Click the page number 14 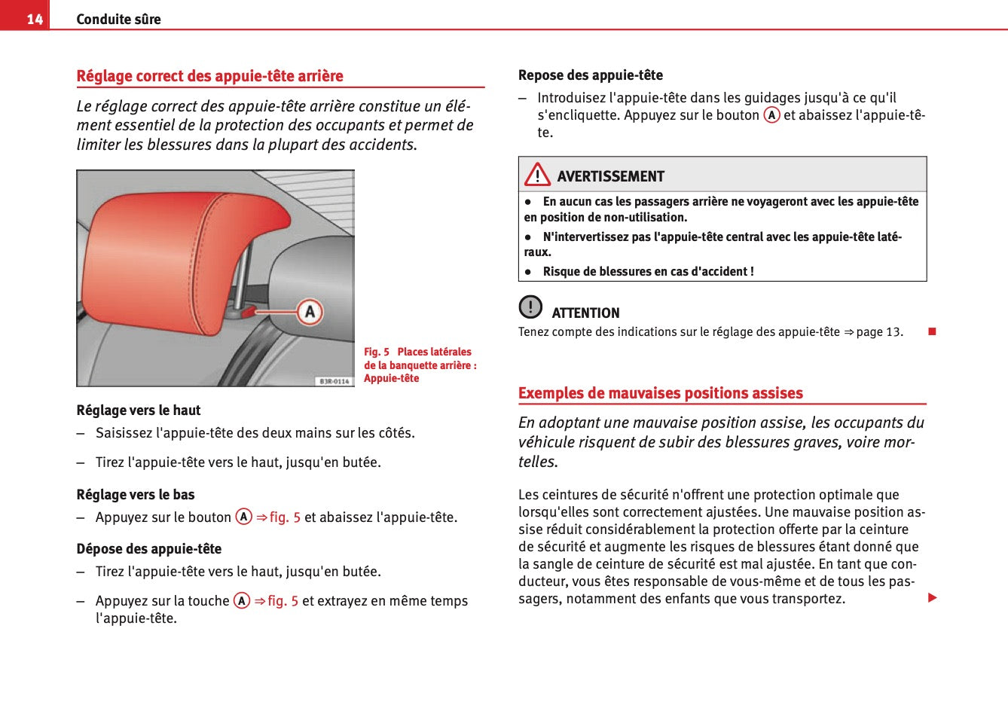[35, 19]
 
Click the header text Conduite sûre [118, 19]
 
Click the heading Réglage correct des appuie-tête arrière [209, 76]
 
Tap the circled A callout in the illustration [310, 311]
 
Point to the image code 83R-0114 [334, 381]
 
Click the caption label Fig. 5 [377, 352]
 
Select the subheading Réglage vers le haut [139, 410]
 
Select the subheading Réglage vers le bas [136, 495]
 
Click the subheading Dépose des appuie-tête [149, 549]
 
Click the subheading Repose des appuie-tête [591, 75]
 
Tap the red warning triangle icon [537, 175]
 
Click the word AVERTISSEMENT [611, 176]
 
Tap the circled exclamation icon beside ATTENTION [530, 307]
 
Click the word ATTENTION [586, 313]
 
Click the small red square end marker [932, 331]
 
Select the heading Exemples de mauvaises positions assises [661, 393]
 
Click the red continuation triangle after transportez [932, 598]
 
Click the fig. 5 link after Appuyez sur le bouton [285, 517]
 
